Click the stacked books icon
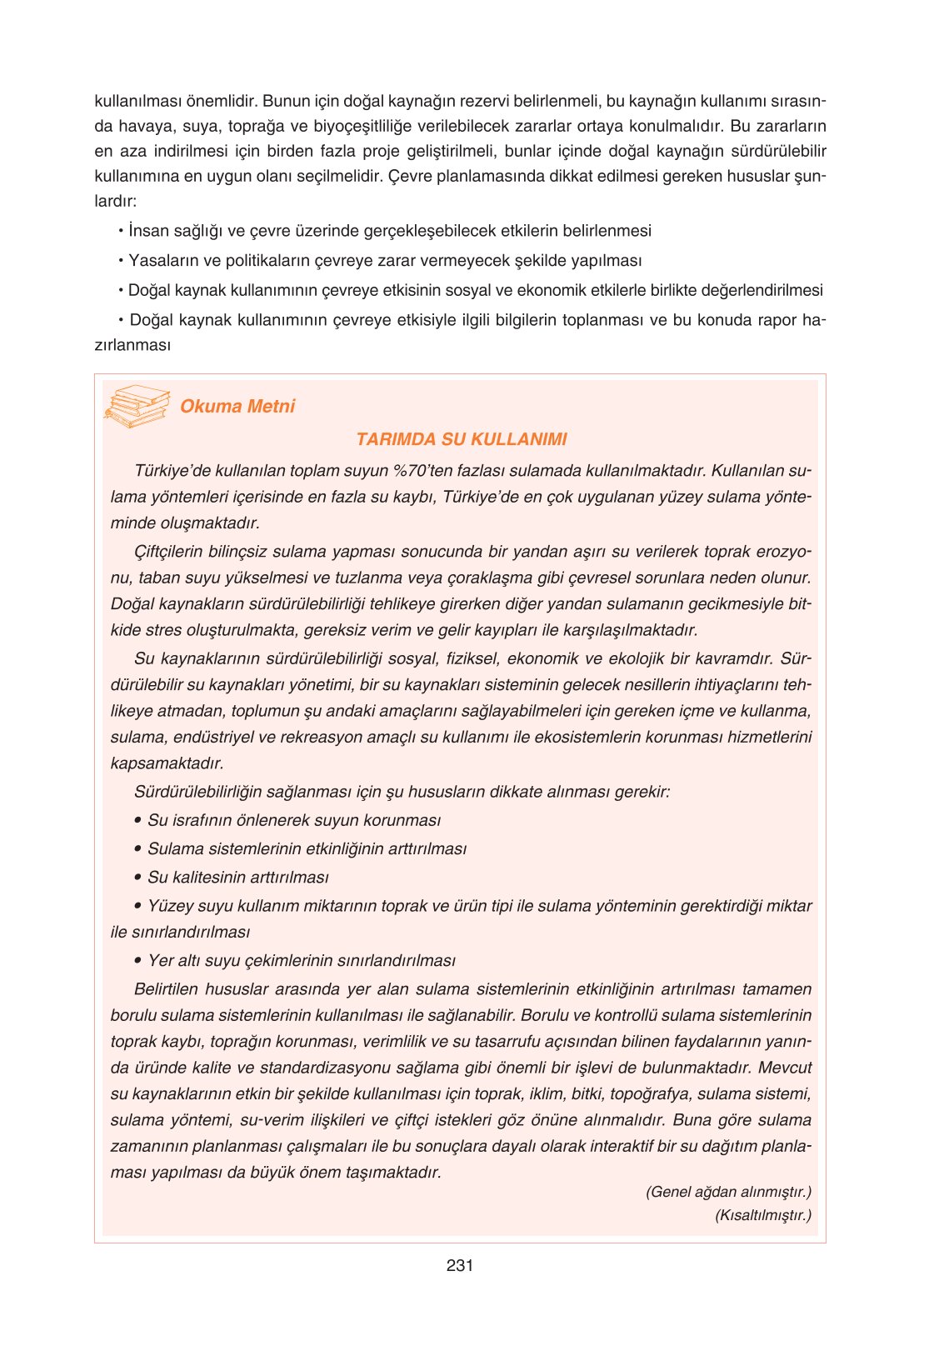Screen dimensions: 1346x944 [136, 406]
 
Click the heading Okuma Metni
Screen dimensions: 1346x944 [237, 407]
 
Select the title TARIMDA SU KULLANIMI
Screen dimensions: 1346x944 [461, 439]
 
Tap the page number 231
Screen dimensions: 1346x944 [460, 1265]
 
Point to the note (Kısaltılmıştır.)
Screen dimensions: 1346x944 [762, 1215]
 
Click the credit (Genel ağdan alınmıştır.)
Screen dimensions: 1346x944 [728, 1192]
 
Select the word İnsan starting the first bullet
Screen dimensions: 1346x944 [146, 231]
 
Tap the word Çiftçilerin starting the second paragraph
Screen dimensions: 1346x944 [174, 552]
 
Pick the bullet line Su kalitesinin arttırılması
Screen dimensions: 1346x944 [237, 878]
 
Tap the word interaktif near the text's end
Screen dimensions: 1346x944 [622, 1146]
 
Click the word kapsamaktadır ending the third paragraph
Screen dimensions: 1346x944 [167, 763]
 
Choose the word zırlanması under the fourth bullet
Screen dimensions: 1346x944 [132, 345]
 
